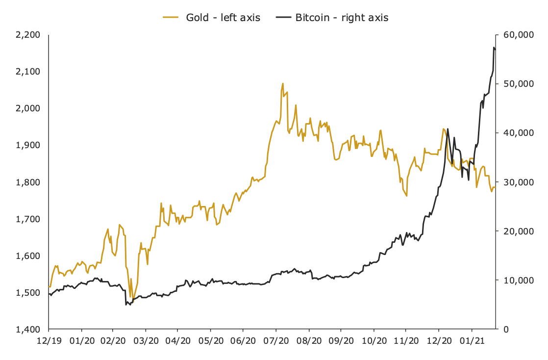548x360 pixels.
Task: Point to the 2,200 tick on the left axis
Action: coord(29,35)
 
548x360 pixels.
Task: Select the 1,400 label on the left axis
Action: coord(29,329)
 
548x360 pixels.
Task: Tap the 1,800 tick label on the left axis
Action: coord(29,182)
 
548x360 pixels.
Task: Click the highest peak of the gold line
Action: coord(283,84)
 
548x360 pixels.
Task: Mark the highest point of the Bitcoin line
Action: coord(494,48)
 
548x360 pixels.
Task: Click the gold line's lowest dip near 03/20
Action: coord(132,298)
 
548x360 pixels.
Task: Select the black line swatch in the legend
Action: coord(283,18)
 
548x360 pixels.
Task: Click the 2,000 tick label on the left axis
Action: coord(29,108)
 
